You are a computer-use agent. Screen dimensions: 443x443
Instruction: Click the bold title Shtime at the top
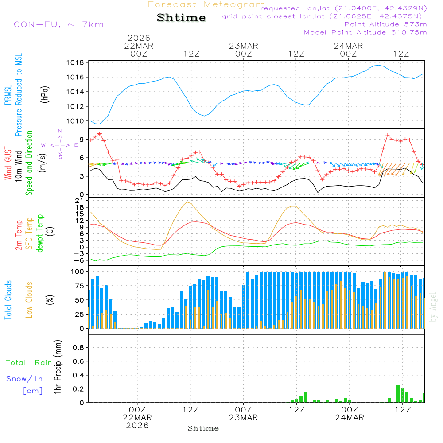[x=182, y=18]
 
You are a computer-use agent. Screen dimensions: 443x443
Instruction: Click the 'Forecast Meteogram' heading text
[x=206, y=4]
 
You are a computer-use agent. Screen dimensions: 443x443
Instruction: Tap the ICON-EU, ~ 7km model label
[x=57, y=24]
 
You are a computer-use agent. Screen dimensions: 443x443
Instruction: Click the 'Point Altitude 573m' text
[x=385, y=24]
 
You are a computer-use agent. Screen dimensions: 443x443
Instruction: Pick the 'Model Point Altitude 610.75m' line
[x=365, y=32]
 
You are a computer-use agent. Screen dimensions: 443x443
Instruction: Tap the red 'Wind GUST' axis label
[x=8, y=164]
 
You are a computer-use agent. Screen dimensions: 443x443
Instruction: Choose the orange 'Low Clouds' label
[x=29, y=299]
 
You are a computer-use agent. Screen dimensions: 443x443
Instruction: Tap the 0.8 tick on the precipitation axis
[x=78, y=348]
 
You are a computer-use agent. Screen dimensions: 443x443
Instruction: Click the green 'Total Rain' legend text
[x=29, y=363]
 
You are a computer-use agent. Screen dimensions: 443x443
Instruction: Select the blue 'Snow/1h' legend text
[x=24, y=379]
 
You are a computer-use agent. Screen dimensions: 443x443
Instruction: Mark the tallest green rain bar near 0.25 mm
[x=398, y=393]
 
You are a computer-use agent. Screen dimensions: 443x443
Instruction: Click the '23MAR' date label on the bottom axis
[x=243, y=418]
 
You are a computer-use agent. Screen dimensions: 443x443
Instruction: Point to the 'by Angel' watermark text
[x=433, y=307]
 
